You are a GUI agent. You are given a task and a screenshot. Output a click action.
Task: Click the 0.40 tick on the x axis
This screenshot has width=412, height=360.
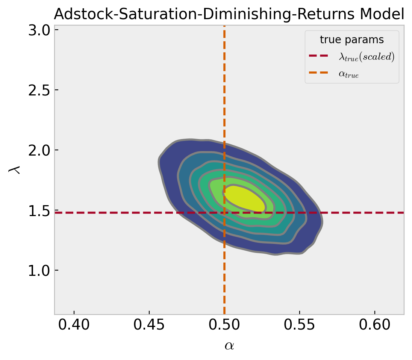[x=74, y=325]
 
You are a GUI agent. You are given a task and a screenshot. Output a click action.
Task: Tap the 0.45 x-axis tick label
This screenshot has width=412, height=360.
[x=149, y=325]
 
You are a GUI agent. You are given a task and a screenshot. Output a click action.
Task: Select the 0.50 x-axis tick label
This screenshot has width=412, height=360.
[x=224, y=325]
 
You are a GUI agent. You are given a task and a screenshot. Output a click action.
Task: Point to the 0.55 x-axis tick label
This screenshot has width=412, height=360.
[x=299, y=325]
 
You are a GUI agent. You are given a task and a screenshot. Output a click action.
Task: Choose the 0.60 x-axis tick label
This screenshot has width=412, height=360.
[x=374, y=325]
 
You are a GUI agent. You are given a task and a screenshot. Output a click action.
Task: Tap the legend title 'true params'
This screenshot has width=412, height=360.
[x=351, y=40]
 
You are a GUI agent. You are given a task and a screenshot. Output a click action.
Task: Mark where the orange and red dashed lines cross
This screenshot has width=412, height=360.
[x=224, y=213]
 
